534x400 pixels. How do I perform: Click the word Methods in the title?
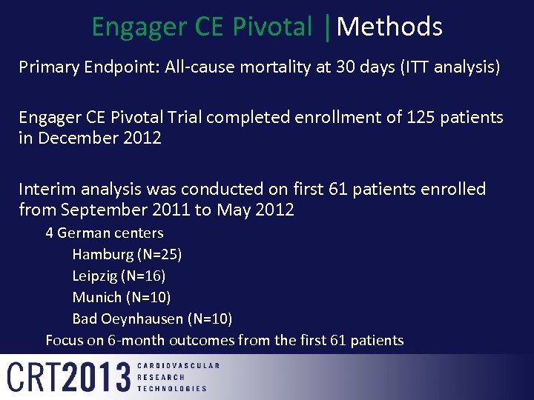click(389, 27)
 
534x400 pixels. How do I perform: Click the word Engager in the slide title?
click(137, 27)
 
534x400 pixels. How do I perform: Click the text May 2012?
click(255, 210)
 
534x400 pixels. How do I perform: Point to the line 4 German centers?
click(105, 233)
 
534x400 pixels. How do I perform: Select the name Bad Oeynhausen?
click(127, 319)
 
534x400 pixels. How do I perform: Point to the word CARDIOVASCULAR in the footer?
click(178, 366)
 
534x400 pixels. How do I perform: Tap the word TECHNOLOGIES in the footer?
click(172, 388)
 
